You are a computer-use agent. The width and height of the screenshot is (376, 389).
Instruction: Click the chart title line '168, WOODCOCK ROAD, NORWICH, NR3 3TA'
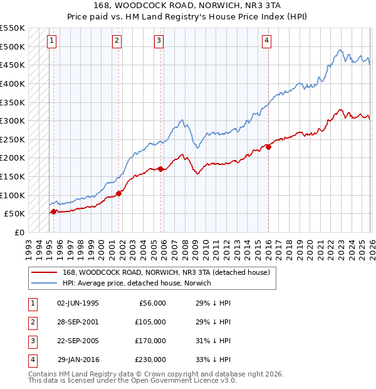pos(187,6)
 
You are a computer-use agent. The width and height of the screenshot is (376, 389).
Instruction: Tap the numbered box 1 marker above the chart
pos(51,41)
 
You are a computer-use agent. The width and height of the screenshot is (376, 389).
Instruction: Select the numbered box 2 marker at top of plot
pos(117,41)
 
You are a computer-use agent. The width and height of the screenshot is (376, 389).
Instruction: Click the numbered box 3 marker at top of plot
pos(159,41)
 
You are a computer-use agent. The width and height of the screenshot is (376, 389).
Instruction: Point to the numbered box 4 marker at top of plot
pos(266,41)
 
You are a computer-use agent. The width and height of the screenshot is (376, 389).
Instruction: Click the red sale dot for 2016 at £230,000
pos(268,147)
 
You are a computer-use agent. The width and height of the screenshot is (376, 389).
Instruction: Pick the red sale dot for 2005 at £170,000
pos(161,169)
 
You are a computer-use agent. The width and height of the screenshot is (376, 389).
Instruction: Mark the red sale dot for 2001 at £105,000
pos(119,193)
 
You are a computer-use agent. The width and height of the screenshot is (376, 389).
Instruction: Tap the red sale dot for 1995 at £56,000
pos(53,211)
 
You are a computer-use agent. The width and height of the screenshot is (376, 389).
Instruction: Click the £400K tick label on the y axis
pos(13,83)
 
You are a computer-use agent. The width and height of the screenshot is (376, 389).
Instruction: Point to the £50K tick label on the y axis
pos(15,214)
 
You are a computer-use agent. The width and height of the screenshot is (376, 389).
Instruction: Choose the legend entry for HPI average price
pos(136,283)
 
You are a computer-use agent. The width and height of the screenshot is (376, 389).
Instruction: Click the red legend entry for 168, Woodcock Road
pos(165,272)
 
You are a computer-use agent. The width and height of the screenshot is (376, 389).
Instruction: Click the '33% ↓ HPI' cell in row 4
pos(213,360)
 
